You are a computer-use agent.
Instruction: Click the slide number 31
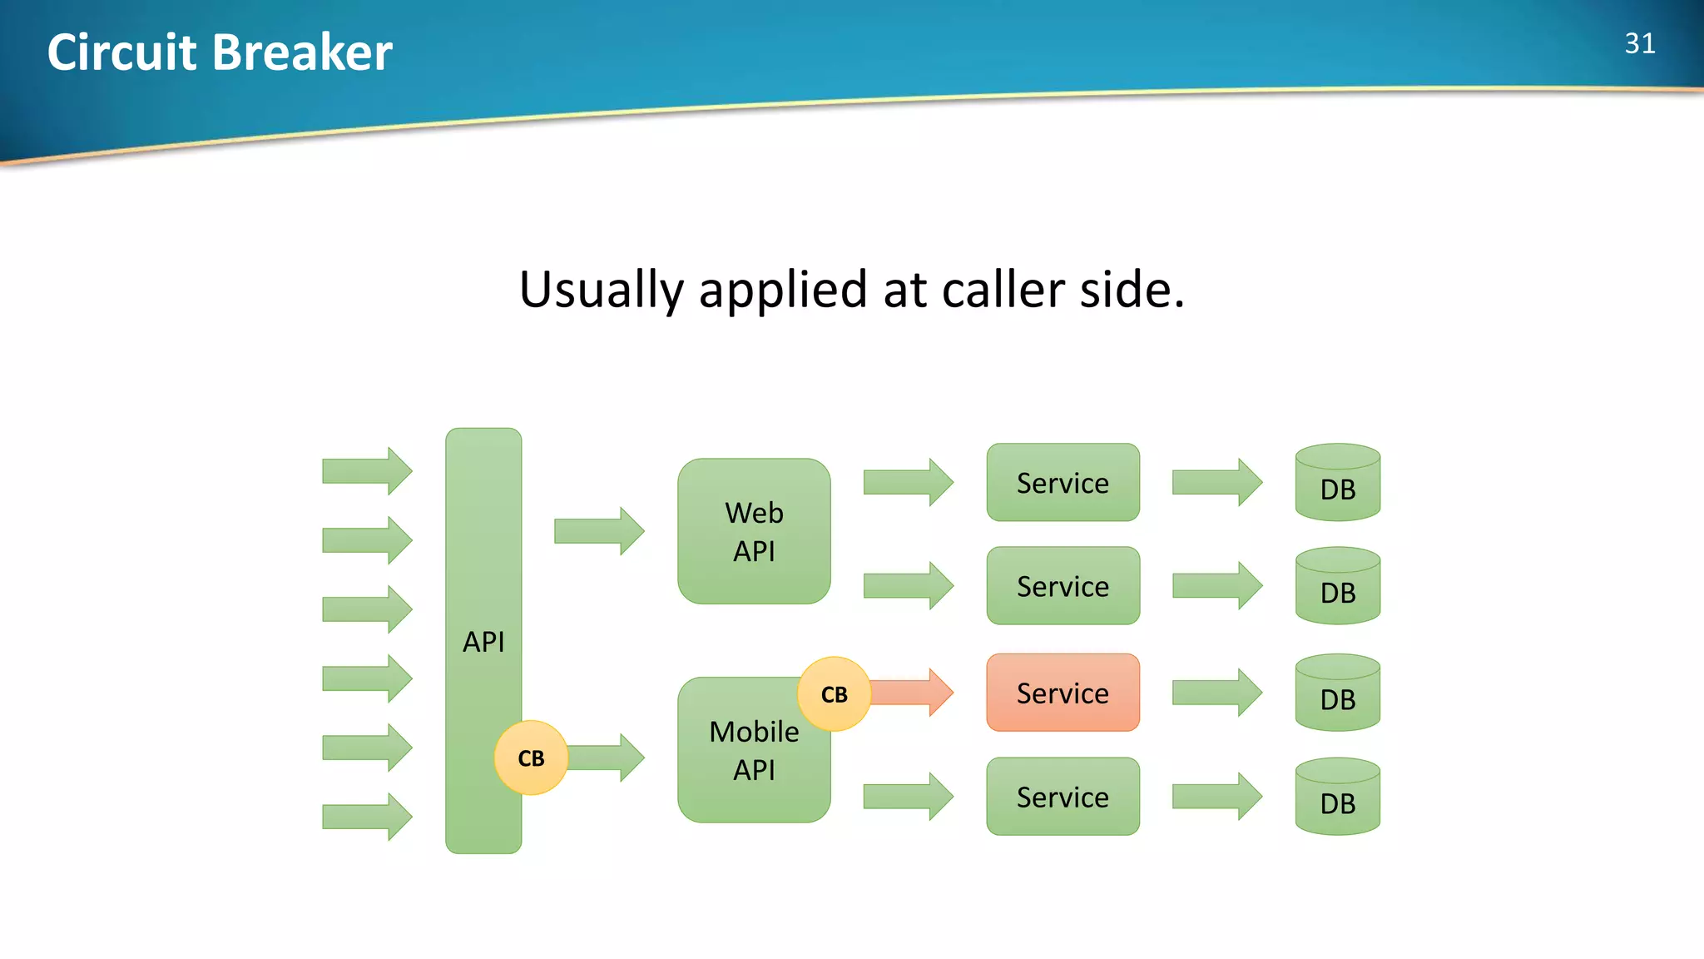click(x=1639, y=43)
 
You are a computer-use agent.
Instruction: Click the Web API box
click(x=754, y=531)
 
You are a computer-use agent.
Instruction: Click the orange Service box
click(x=1063, y=693)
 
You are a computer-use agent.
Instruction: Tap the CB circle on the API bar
click(x=531, y=758)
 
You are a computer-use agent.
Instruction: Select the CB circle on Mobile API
click(x=834, y=694)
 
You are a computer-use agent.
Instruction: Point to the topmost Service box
click(x=1063, y=482)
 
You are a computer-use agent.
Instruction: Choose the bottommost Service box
click(x=1063, y=797)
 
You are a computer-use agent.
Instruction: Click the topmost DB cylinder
click(x=1337, y=483)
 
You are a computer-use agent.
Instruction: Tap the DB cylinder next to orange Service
click(x=1337, y=693)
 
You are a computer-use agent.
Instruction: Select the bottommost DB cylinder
click(x=1337, y=797)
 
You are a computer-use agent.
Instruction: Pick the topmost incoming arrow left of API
click(x=366, y=471)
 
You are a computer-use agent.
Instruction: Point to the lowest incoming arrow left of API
click(x=366, y=817)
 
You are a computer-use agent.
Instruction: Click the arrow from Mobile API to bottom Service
click(x=908, y=797)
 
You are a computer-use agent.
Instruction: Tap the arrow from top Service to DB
click(x=1216, y=482)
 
